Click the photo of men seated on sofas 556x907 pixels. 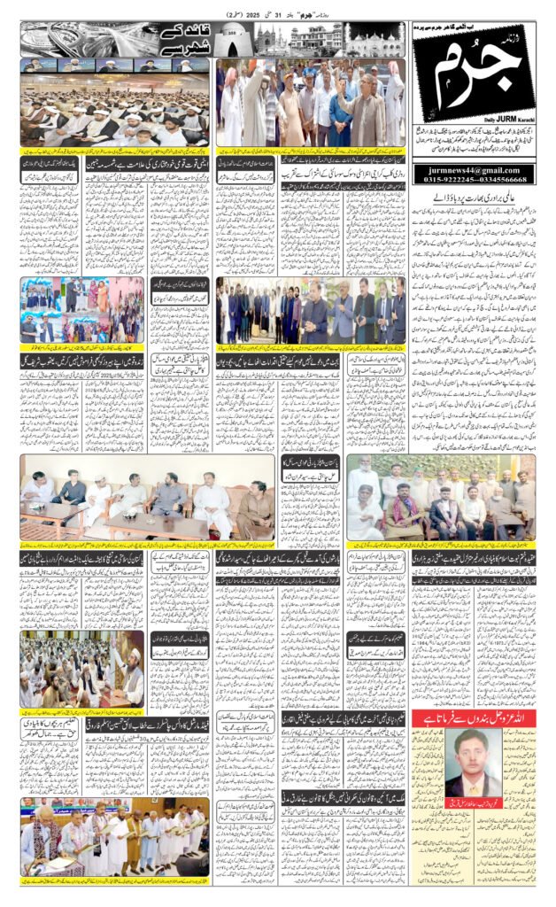(x=147, y=497)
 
